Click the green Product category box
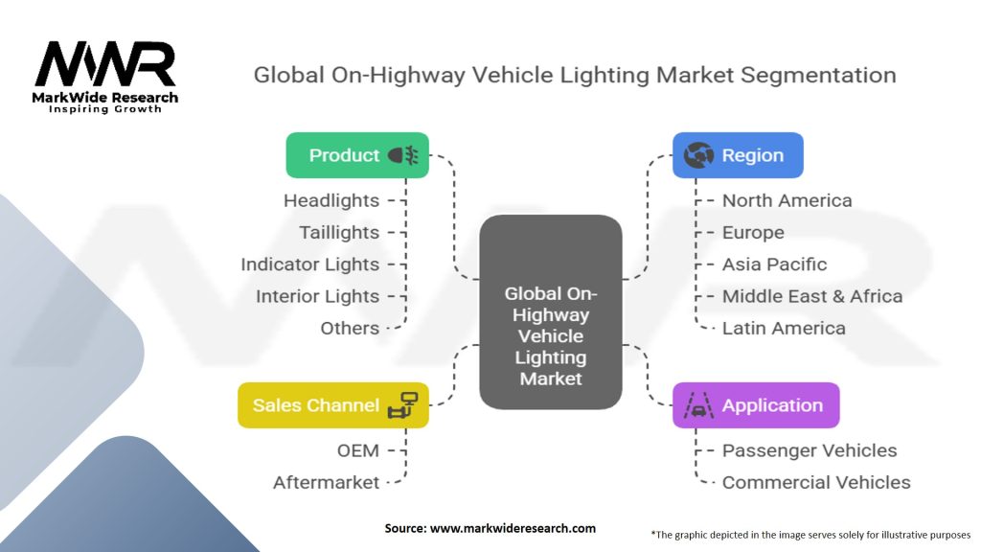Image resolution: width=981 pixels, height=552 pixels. pyautogui.click(x=357, y=155)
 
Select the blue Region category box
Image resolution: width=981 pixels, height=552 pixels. pyautogui.click(x=738, y=155)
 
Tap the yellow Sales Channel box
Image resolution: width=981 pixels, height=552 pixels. pyautogui.click(x=332, y=405)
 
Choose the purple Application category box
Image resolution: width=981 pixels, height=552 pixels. pyautogui.click(x=756, y=405)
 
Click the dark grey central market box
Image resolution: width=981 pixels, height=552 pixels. pyautogui.click(x=551, y=311)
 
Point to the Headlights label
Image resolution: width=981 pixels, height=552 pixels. pyautogui.click(x=331, y=201)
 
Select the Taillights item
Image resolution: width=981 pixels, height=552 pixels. pyautogui.click(x=339, y=233)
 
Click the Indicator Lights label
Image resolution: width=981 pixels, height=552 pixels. pyautogui.click(x=309, y=264)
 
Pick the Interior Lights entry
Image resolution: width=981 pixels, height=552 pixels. pyautogui.click(x=317, y=297)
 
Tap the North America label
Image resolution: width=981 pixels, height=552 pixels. pyautogui.click(x=787, y=201)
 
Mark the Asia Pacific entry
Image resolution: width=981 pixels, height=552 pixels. pyautogui.click(x=774, y=264)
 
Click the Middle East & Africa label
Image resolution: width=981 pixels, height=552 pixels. pyautogui.click(x=812, y=297)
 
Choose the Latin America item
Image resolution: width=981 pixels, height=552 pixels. pyautogui.click(x=784, y=329)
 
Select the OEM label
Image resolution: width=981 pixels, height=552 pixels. pyautogui.click(x=358, y=450)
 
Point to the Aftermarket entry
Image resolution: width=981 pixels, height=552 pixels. pyautogui.click(x=326, y=483)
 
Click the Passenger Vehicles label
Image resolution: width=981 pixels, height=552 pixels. pyautogui.click(x=810, y=450)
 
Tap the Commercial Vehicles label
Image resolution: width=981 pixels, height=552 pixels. pyautogui.click(x=816, y=483)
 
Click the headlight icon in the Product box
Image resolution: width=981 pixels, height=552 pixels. pyautogui.click(x=403, y=155)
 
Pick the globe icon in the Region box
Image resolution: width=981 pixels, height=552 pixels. pyautogui.click(x=698, y=155)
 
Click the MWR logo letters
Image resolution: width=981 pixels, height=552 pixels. pyautogui.click(x=105, y=63)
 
